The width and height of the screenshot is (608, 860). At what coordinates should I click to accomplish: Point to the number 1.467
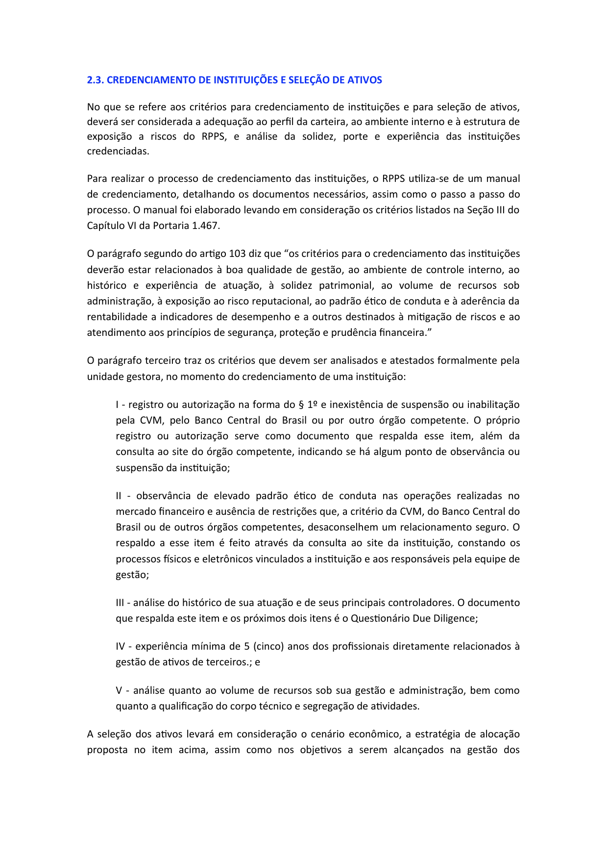coord(206,226)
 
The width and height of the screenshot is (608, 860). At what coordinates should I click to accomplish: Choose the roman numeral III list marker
coord(121,603)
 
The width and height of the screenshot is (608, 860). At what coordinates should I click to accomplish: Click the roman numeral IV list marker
coord(121,646)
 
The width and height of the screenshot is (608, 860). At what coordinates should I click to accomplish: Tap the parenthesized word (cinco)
coord(268,646)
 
